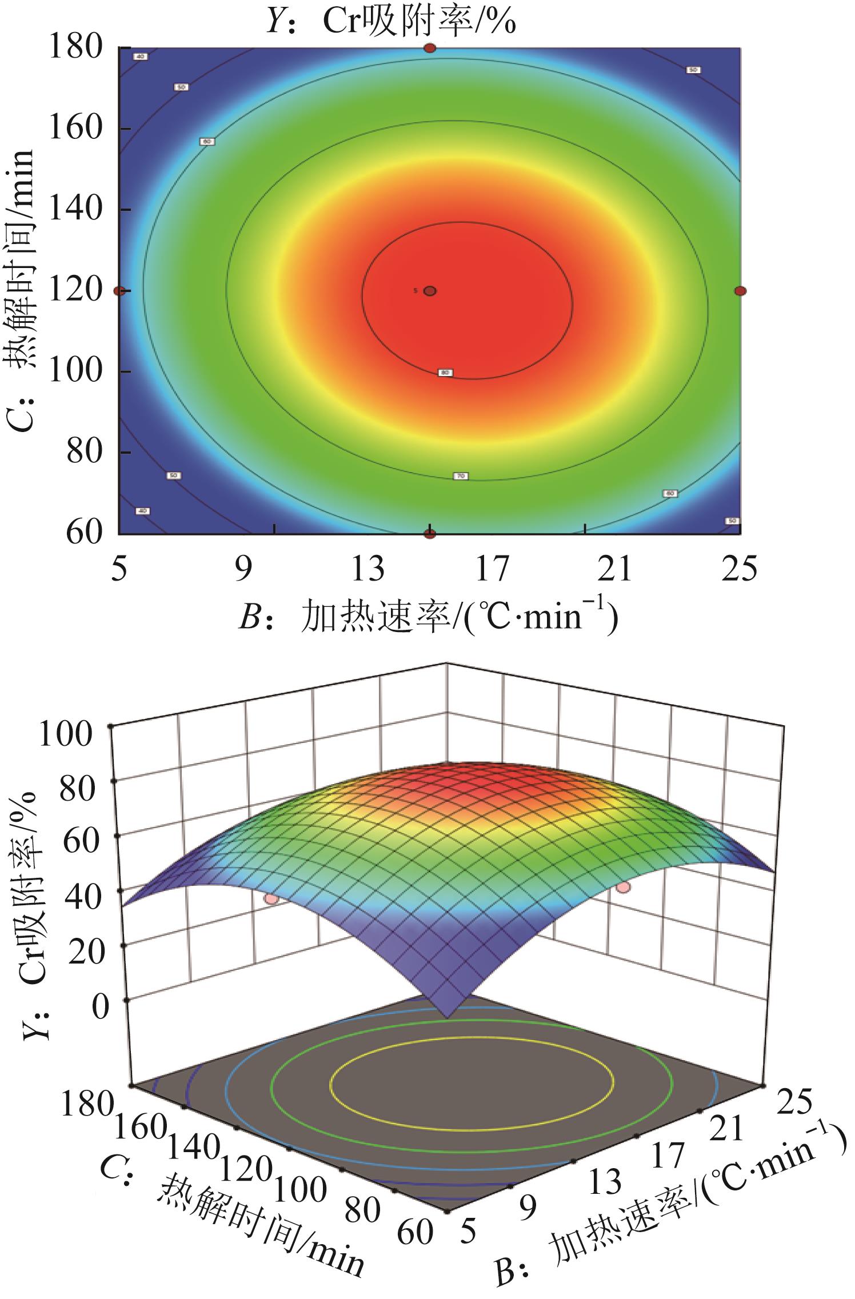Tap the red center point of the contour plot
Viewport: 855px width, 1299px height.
430,291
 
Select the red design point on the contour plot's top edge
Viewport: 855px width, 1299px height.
430,49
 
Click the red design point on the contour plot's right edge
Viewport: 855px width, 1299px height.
740,291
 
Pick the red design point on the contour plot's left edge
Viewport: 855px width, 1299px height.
119,291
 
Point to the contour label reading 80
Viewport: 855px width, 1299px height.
445,373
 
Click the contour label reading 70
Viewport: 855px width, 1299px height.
461,476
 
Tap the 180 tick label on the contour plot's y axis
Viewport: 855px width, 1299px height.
76,47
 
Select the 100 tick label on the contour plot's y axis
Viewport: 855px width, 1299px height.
76,371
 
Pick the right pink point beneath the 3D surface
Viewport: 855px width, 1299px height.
624,887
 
